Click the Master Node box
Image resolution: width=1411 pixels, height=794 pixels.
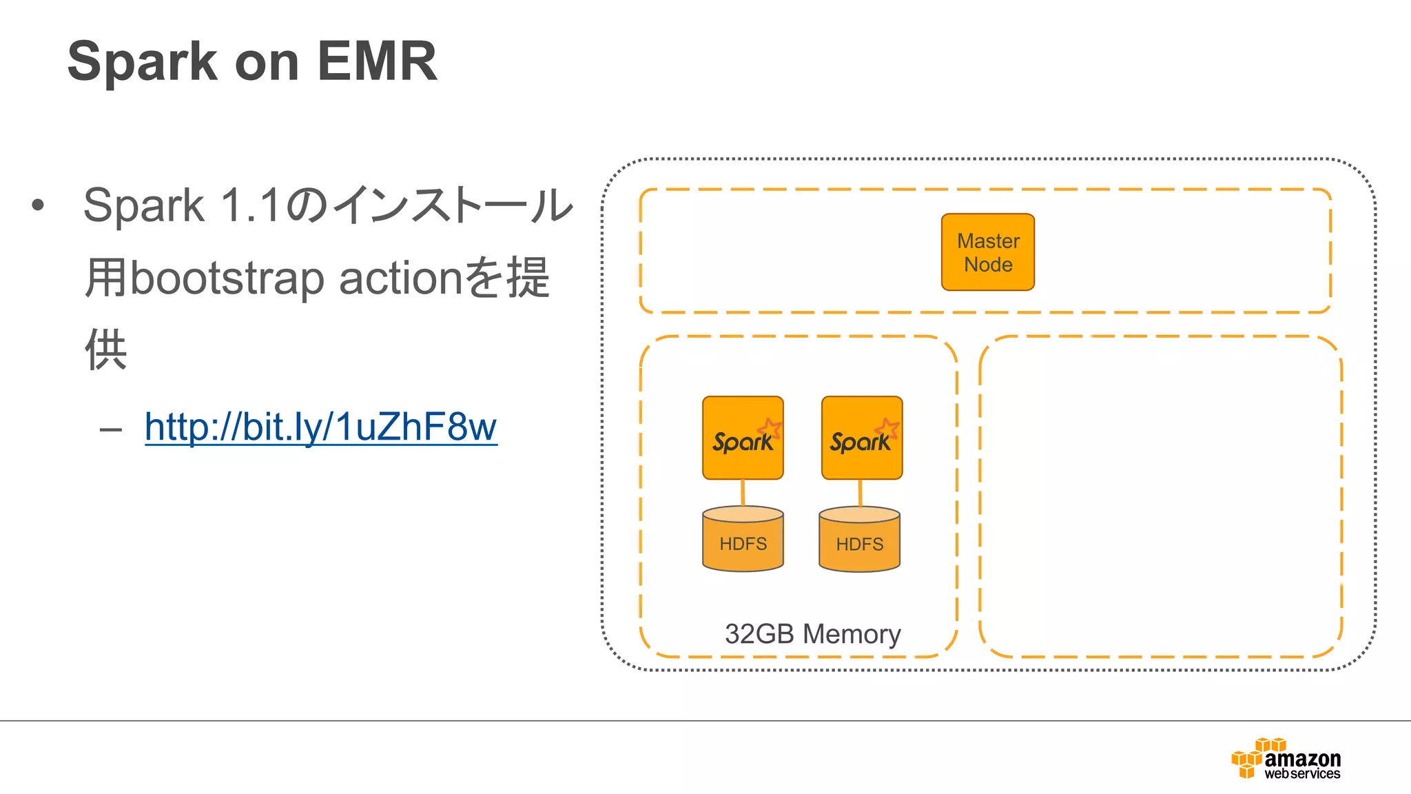(x=987, y=252)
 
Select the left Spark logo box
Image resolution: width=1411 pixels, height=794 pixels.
(x=743, y=438)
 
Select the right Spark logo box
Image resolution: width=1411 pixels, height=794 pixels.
(x=861, y=438)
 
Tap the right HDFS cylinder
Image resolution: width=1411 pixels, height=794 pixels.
(x=859, y=540)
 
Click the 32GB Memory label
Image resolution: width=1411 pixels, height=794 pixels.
(x=812, y=634)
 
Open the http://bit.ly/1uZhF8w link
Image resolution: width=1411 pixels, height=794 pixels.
(x=320, y=427)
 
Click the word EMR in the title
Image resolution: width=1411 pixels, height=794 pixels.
(x=377, y=61)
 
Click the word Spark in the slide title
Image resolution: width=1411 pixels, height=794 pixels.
(x=142, y=61)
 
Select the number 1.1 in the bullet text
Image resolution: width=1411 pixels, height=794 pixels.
(x=250, y=205)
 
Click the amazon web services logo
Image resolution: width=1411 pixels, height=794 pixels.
(x=1286, y=759)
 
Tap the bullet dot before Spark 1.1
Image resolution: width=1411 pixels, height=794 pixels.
(x=38, y=205)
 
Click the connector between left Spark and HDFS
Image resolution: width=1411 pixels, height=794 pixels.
(x=743, y=493)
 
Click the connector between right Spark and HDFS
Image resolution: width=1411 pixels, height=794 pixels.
(x=860, y=493)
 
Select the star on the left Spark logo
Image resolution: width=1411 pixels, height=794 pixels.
(x=770, y=428)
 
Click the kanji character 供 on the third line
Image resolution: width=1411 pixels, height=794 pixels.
(x=105, y=349)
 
